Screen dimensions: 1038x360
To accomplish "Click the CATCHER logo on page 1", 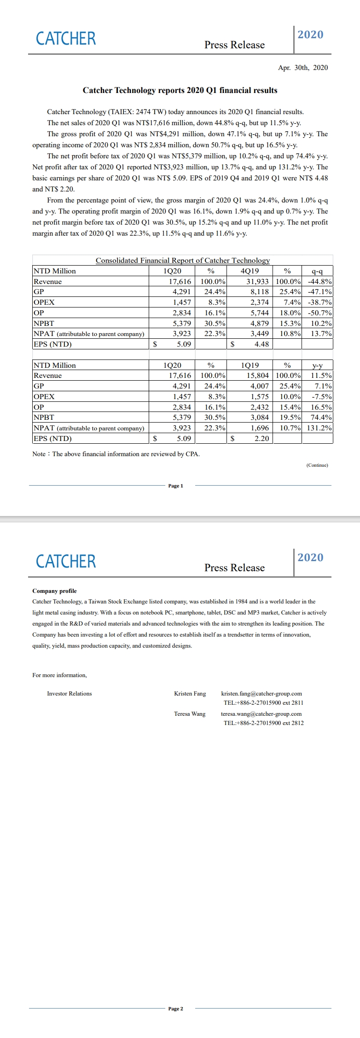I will [x=66, y=39].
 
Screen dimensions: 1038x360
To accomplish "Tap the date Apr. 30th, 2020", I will [x=302, y=68].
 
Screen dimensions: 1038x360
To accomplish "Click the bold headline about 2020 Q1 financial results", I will [x=180, y=90].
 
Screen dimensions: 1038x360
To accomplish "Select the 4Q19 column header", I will [x=250, y=271].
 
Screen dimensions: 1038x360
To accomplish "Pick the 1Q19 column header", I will [x=250, y=365].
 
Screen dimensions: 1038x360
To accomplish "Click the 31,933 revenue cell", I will [x=257, y=282].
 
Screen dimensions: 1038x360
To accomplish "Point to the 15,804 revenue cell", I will [x=257, y=376].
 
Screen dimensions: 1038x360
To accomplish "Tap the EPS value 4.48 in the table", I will [x=261, y=344].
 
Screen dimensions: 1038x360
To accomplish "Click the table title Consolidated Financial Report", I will [x=182, y=261].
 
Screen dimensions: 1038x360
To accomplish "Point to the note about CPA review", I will [x=116, y=454].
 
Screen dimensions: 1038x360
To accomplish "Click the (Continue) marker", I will [x=317, y=465].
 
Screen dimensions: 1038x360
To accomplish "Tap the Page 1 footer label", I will [x=175, y=486].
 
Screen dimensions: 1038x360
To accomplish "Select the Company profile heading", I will [x=54, y=591].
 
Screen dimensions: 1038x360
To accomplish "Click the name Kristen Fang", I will [x=190, y=694].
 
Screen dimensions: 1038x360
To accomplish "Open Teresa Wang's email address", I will [x=261, y=714].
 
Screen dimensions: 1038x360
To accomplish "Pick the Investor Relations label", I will [x=69, y=694].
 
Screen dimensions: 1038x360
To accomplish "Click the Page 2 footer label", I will [x=175, y=1009].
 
